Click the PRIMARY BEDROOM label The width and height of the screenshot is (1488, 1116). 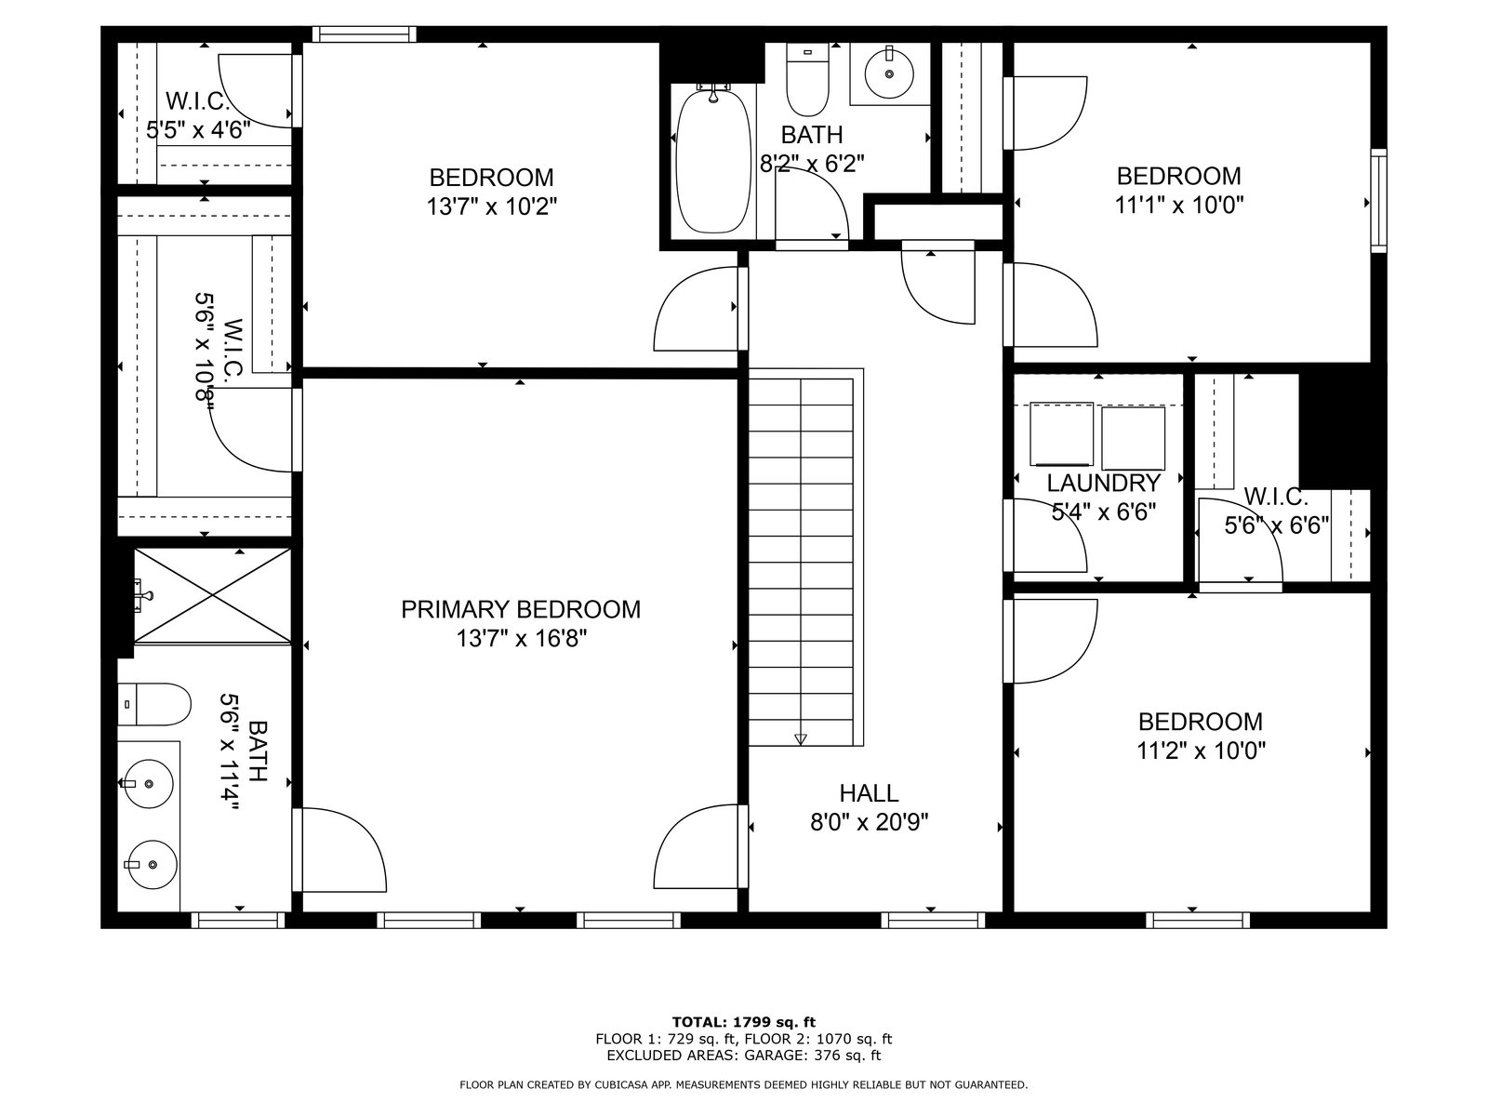click(x=520, y=609)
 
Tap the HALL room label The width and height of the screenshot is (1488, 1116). click(x=869, y=792)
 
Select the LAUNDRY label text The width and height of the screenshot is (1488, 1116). click(x=1104, y=483)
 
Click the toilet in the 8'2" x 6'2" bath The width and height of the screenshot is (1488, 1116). click(x=807, y=79)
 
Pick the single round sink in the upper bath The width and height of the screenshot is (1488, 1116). click(x=889, y=73)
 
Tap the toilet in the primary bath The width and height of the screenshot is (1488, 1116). click(x=153, y=704)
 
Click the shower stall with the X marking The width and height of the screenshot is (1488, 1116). click(x=213, y=595)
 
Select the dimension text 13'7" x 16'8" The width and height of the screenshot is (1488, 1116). click(x=521, y=638)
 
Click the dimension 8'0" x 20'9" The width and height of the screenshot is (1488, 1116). click(x=869, y=822)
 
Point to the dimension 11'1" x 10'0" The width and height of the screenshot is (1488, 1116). click(x=1179, y=205)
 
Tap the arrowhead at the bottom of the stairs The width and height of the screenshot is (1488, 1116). click(x=801, y=739)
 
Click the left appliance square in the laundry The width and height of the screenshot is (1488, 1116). click(x=1062, y=434)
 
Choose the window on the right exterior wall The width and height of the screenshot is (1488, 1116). click(x=1379, y=201)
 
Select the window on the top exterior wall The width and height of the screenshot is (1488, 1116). click(x=365, y=33)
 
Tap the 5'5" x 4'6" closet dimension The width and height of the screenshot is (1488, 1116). click(x=199, y=129)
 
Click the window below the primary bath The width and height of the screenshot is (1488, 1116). click(x=238, y=920)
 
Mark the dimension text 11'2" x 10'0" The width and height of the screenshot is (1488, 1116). click(x=1202, y=751)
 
